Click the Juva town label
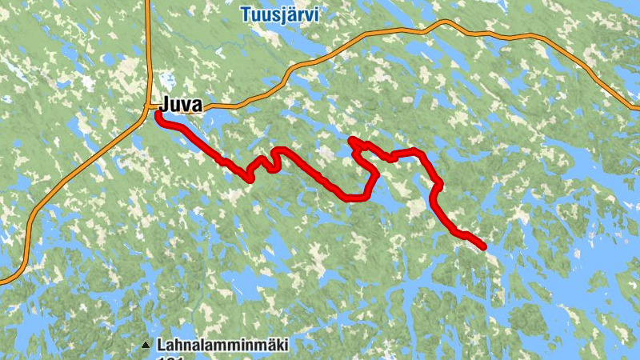pyautogui.click(x=182, y=105)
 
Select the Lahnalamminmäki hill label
pyautogui.click(x=222, y=346)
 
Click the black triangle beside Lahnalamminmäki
pyautogui.click(x=146, y=346)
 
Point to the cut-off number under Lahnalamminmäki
pyautogui.click(x=171, y=358)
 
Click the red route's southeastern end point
pyautogui.click(x=483, y=247)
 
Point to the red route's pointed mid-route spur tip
pyautogui.click(x=352, y=141)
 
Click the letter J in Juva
pyautogui.click(x=165, y=105)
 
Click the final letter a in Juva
pyautogui.click(x=197, y=106)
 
